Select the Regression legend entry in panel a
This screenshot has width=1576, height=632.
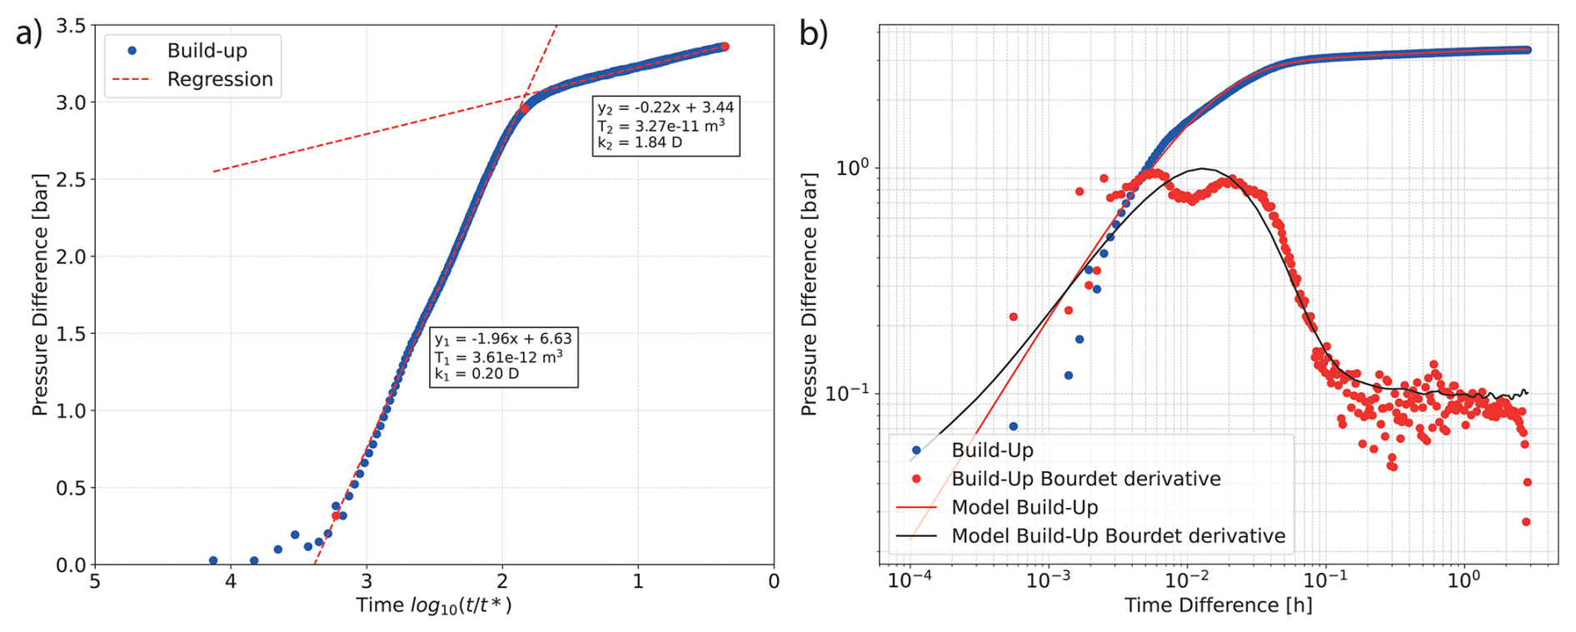220,79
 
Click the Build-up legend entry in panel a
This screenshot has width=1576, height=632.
207,51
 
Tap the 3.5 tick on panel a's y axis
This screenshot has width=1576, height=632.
70,26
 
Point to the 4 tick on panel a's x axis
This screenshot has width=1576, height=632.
231,581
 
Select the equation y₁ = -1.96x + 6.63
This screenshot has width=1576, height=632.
503,339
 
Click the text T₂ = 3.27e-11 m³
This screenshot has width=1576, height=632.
661,126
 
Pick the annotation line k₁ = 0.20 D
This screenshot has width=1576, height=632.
476,374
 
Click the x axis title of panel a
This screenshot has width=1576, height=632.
434,605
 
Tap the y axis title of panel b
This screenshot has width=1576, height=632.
808,295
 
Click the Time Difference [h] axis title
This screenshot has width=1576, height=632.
1218,605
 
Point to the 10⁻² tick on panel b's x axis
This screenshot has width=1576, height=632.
1186,580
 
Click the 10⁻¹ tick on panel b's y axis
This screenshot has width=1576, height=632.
846,393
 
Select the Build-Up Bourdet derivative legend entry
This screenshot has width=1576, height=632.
1085,479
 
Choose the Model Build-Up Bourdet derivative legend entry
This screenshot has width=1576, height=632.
1118,536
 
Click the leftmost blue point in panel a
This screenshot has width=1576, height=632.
213,560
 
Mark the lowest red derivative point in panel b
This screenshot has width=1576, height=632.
1526,522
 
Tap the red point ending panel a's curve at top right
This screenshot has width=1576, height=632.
725,47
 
